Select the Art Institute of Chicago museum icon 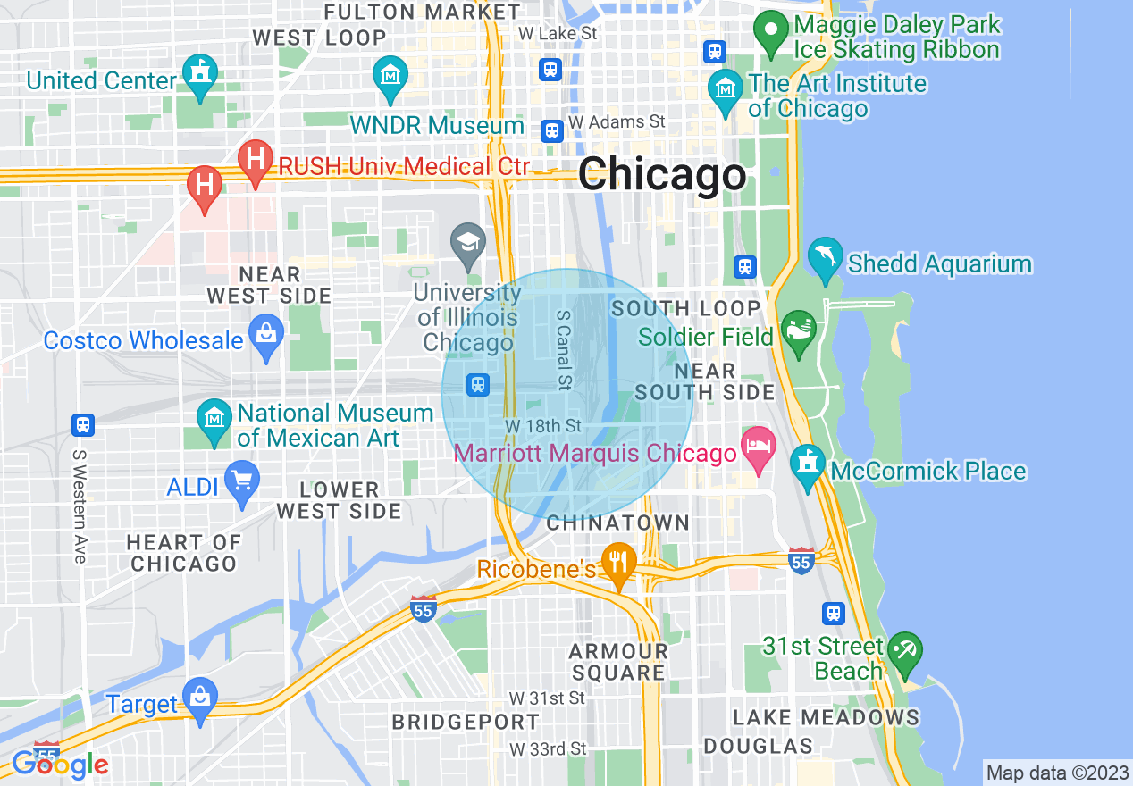tap(725, 88)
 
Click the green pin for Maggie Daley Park tap(768, 29)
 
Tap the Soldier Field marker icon tap(797, 329)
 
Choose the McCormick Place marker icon tap(807, 464)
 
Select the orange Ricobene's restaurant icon tap(617, 561)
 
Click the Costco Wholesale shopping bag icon tap(266, 334)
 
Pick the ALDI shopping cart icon tap(241, 481)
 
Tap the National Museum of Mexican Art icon tap(214, 419)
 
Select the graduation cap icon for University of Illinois tap(467, 242)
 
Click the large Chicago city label tap(661, 173)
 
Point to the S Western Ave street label tap(79, 505)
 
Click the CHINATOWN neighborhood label tap(617, 523)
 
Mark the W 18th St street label tap(542, 425)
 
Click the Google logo tap(60, 764)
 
